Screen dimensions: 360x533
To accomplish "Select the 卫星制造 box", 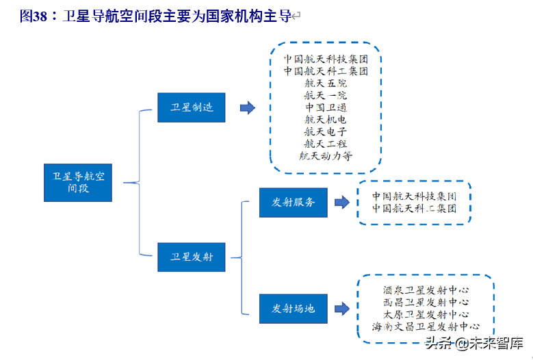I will (192, 107).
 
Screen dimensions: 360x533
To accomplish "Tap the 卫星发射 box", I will (192, 257).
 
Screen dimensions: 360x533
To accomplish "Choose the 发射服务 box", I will (294, 202).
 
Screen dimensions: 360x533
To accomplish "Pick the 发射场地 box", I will (294, 309).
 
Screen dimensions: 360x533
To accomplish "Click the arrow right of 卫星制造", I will (247, 108).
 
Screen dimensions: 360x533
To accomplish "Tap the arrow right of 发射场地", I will (341, 309).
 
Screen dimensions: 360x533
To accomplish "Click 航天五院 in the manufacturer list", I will (326, 83).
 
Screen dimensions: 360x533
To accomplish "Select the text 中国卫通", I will (326, 107).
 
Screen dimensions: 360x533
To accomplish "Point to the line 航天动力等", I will (326, 156).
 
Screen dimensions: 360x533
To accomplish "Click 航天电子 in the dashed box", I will (326, 131).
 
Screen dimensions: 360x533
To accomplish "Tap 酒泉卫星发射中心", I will (426, 290).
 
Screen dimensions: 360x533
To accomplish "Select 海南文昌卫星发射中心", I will (426, 327).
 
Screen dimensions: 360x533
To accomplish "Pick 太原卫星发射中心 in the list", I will (426, 315).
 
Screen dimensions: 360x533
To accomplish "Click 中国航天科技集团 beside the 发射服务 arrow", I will (414, 196).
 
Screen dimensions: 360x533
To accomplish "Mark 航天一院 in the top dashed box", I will (326, 95).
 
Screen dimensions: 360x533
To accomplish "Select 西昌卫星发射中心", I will (426, 302).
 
